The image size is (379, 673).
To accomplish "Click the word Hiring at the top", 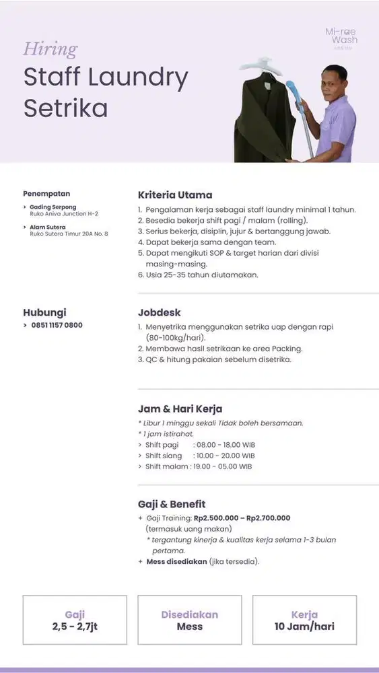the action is [x=50, y=49].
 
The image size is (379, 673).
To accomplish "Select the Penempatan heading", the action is [x=46, y=194].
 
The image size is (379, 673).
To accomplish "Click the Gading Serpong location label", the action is [x=53, y=207].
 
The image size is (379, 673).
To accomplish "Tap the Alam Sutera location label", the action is [x=48, y=227].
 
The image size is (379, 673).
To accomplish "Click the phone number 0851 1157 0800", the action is [x=57, y=325].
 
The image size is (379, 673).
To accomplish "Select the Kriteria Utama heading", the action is [x=175, y=195].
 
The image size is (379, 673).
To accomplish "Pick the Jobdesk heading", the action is [x=159, y=313].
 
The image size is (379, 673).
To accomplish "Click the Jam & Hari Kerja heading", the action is [x=180, y=409].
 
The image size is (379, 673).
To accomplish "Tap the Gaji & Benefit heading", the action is [x=172, y=504].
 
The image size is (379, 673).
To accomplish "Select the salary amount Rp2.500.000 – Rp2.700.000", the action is [x=242, y=518].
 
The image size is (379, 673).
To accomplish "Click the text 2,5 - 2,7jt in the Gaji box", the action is [x=75, y=627].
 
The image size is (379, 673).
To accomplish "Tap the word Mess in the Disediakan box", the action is [x=189, y=627].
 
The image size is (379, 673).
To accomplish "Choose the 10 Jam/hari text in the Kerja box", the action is [x=304, y=627].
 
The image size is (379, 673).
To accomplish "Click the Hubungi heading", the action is [x=44, y=313].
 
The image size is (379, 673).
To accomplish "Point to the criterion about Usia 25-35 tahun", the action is [x=202, y=275].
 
